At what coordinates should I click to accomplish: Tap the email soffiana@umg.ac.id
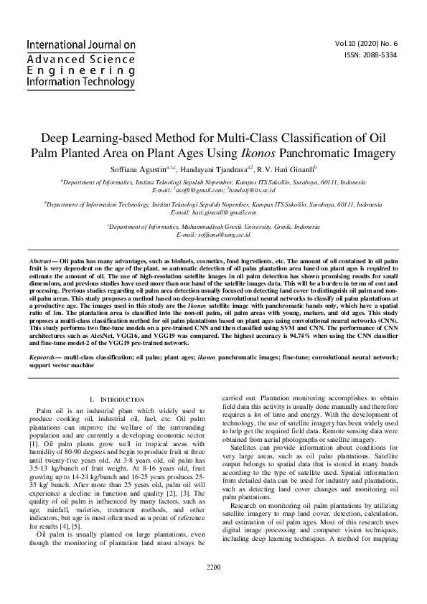click(213, 235)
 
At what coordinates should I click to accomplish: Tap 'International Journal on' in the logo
click(81, 45)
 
